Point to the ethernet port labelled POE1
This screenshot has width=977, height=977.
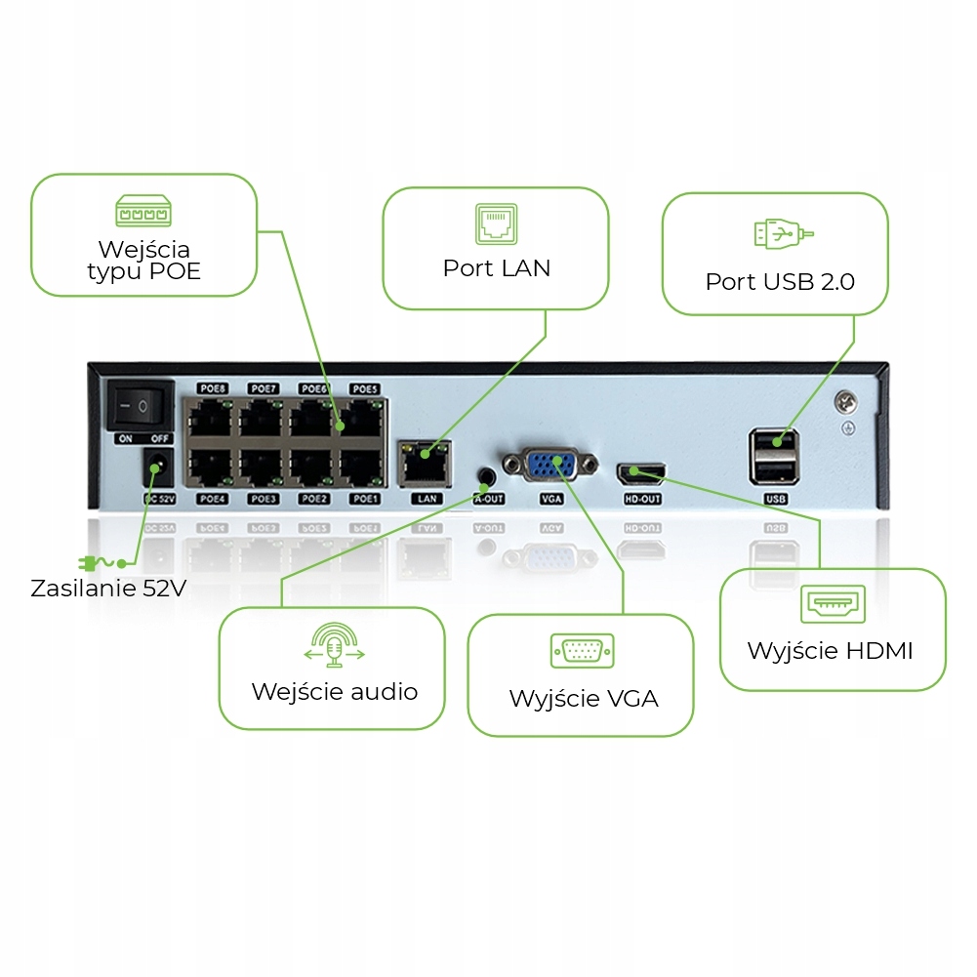pyautogui.click(x=363, y=466)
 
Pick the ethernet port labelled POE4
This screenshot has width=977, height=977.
pyautogui.click(x=211, y=466)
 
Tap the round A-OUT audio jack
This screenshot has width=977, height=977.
pyautogui.click(x=487, y=476)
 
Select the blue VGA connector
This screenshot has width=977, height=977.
pyautogui.click(x=552, y=466)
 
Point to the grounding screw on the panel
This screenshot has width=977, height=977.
pyautogui.click(x=845, y=401)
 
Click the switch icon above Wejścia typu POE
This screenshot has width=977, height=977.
pyautogui.click(x=143, y=212)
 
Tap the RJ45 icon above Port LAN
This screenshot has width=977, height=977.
pyautogui.click(x=496, y=224)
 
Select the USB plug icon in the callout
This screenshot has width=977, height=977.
pyautogui.click(x=784, y=234)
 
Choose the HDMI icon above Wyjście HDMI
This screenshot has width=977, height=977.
pyautogui.click(x=832, y=604)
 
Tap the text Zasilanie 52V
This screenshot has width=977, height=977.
pyautogui.click(x=108, y=589)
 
